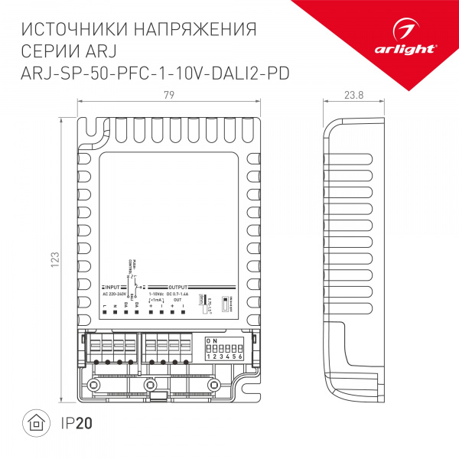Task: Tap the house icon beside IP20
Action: [x=34, y=422]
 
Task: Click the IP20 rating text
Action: [x=74, y=422]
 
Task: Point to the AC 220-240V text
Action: [x=115, y=294]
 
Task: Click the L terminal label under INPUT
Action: [x=104, y=307]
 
